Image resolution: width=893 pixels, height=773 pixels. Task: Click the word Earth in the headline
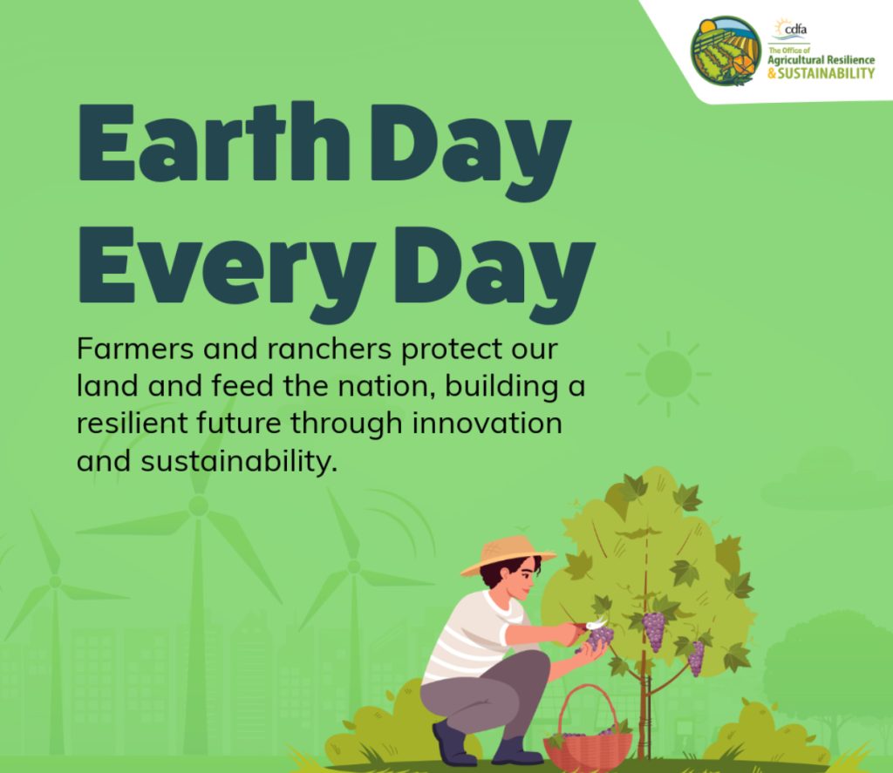click(215, 142)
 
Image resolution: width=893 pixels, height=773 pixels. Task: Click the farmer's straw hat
click(507, 555)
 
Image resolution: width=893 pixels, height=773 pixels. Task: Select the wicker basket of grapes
click(588, 728)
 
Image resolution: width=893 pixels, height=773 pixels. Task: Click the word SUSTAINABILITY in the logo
click(826, 73)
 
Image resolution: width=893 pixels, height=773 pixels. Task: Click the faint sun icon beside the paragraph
click(669, 374)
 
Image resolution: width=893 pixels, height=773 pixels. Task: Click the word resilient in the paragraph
click(133, 423)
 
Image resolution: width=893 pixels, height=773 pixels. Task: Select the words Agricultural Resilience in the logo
click(821, 60)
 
